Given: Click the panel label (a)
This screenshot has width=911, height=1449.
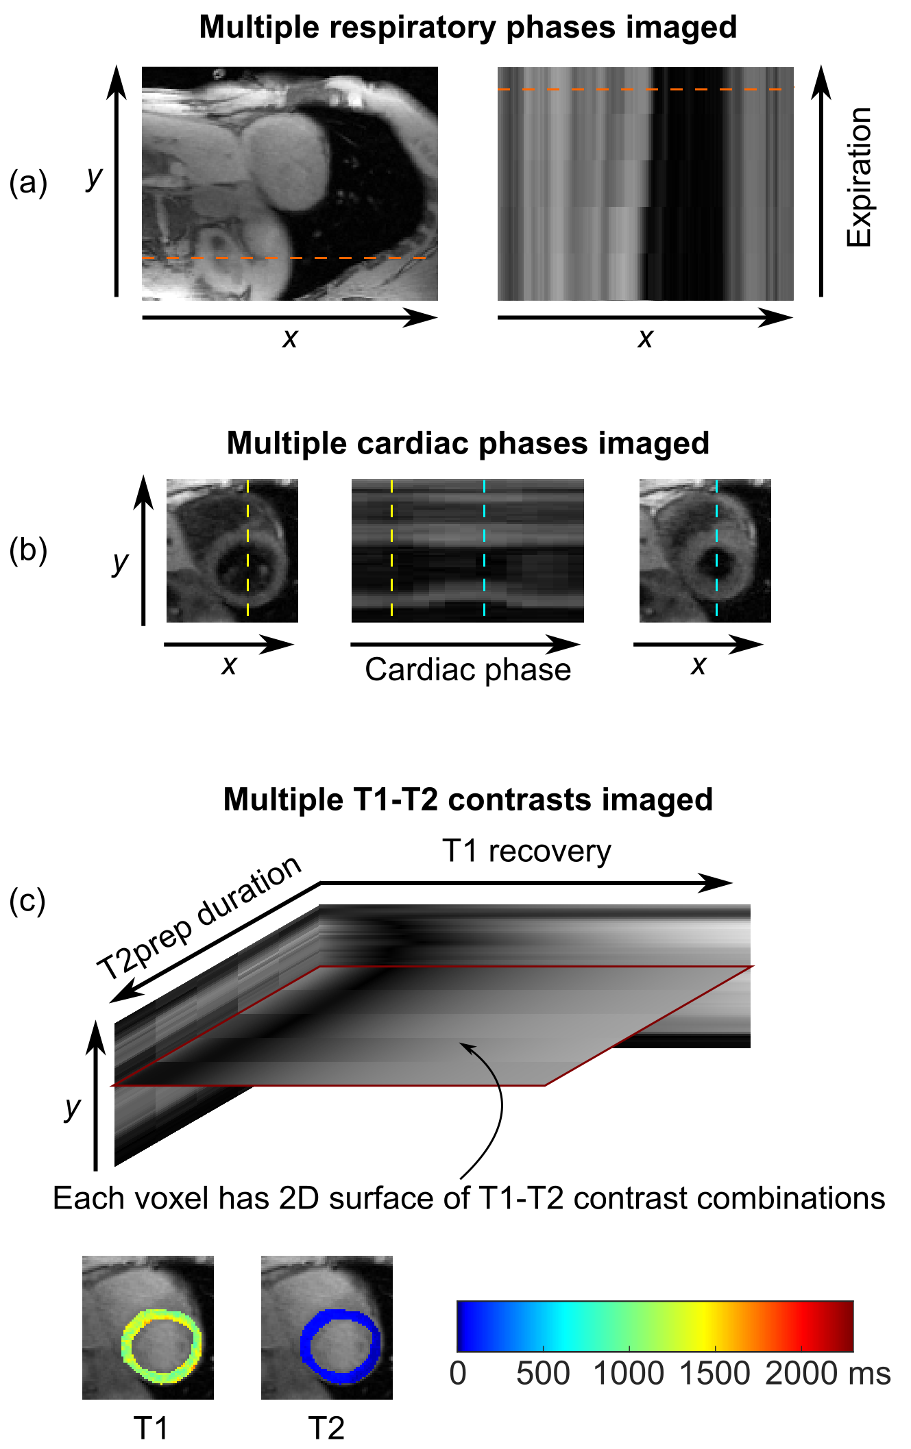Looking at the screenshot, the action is tap(28, 183).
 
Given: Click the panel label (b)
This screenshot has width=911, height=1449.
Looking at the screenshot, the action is tap(28, 550).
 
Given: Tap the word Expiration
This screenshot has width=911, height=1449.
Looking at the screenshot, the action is tap(859, 177).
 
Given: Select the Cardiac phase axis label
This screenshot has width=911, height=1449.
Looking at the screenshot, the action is tap(467, 670).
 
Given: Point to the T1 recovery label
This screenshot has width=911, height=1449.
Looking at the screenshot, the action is tap(526, 852).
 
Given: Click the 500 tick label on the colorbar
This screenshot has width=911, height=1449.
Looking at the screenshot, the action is tap(543, 1374).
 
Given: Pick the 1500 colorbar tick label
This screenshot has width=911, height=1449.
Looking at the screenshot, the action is tap(715, 1374).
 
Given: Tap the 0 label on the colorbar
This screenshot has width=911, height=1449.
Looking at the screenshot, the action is tap(458, 1374).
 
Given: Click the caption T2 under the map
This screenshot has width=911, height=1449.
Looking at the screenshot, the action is tap(326, 1428).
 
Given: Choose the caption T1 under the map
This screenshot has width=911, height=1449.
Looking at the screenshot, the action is tap(151, 1428).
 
